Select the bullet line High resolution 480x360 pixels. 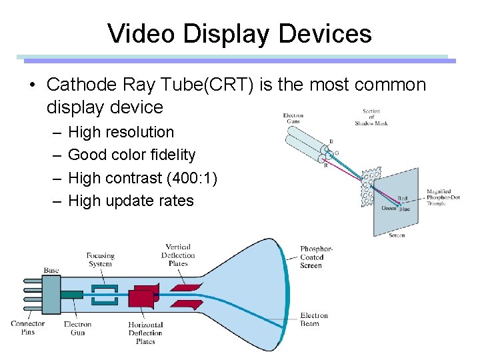121,132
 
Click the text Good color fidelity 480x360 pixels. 131,155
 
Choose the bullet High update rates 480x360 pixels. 131,201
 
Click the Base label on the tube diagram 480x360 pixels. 51,270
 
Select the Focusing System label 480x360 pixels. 100,259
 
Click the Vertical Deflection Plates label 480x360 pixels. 178,255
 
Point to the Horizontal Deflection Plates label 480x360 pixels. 145,333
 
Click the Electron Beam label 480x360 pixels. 314,319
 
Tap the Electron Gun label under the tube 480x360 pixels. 77,328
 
